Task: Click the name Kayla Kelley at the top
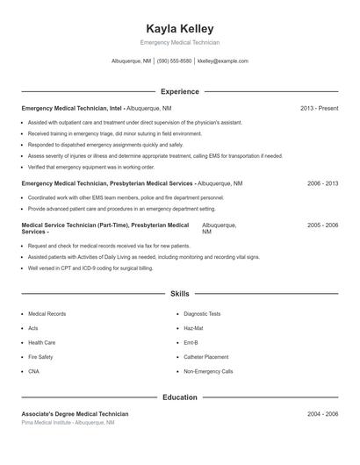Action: click(180, 29)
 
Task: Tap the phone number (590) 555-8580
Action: click(175, 61)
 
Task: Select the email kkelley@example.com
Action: click(223, 61)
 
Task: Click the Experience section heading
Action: click(180, 91)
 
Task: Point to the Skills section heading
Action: click(180, 293)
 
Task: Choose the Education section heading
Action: click(180, 397)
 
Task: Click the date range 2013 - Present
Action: click(319, 108)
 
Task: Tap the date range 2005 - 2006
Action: click(322, 225)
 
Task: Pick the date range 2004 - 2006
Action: click(322, 413)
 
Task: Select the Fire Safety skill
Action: click(40, 357)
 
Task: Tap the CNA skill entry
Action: click(34, 372)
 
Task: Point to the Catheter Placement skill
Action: click(206, 357)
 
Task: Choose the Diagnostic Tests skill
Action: click(203, 313)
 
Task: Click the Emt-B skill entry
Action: click(191, 342)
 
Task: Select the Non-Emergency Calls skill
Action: click(208, 372)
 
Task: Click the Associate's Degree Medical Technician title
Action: click(75, 413)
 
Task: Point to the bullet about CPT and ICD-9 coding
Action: click(90, 268)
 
